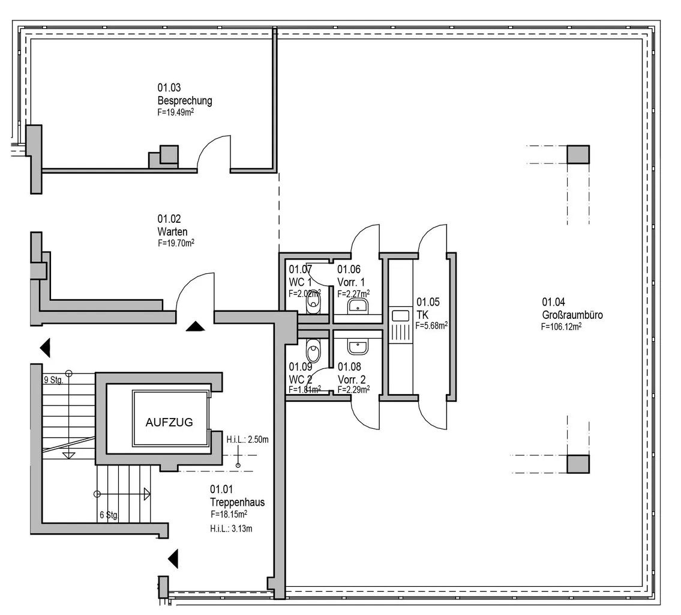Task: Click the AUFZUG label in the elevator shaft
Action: click(169, 422)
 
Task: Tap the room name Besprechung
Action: click(185, 100)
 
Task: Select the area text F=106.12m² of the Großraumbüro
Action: click(561, 327)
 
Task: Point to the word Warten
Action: click(173, 232)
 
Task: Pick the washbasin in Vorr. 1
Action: click(358, 306)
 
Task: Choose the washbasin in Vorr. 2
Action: click(358, 347)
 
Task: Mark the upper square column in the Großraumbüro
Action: click(578, 154)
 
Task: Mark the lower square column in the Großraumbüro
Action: click(578, 464)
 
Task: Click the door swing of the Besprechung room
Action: click(212, 154)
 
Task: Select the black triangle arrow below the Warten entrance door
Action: click(196, 326)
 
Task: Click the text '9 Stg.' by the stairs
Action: click(53, 380)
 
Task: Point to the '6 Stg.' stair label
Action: click(109, 515)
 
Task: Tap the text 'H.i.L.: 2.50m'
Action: click(247, 440)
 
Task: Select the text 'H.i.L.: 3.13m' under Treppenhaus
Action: click(231, 529)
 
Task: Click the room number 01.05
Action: click(428, 302)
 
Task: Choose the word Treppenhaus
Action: click(237, 502)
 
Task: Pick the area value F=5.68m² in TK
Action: click(432, 326)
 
